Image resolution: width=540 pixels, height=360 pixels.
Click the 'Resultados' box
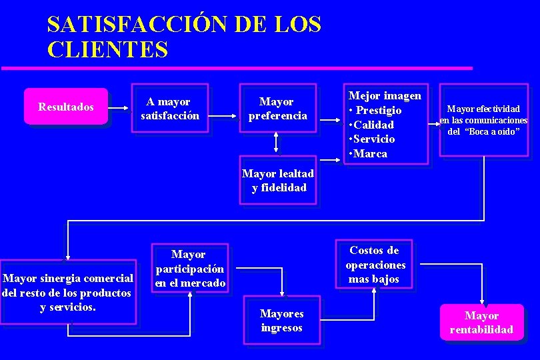[x=66, y=107]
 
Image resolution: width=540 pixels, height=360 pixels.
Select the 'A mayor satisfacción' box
[x=170, y=108]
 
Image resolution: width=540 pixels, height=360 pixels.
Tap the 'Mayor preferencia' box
[x=277, y=108]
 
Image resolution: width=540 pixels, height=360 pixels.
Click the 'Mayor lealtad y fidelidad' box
[x=278, y=181]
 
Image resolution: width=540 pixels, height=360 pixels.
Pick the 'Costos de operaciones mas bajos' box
[x=375, y=265]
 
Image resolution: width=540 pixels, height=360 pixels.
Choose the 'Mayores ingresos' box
[x=282, y=321]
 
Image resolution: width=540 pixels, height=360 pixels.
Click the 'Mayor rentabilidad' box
[x=481, y=322]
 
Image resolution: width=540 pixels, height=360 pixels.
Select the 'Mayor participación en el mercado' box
[x=189, y=269]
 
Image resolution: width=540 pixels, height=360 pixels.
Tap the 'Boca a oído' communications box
[x=483, y=120]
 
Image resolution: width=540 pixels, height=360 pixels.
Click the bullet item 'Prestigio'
[x=377, y=110]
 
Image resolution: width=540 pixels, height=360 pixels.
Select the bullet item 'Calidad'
[x=374, y=125]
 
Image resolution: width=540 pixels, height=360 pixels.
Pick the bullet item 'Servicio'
[x=374, y=139]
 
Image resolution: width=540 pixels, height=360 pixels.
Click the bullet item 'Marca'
[x=371, y=153]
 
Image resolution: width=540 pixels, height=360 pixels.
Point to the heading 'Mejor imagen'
[x=385, y=95]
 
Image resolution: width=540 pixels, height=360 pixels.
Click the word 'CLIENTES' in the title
[x=107, y=49]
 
